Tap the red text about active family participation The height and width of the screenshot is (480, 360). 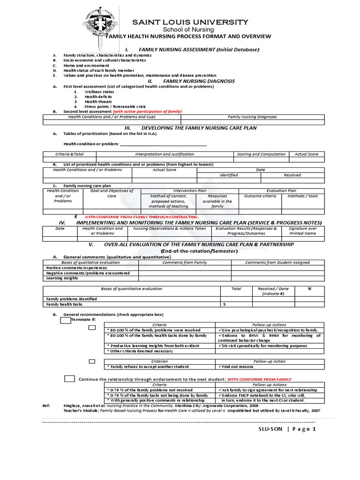click(x=147, y=112)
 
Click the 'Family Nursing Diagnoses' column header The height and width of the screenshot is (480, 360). click(x=252, y=117)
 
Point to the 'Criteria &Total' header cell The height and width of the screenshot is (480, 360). click(x=69, y=154)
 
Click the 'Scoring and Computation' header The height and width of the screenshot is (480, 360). click(x=261, y=154)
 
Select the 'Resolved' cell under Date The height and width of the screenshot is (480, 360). click(x=292, y=175)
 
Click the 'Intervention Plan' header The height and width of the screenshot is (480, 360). click(x=189, y=191)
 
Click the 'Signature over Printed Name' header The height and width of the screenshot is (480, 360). click(x=302, y=231)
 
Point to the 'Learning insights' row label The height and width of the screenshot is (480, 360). click(x=62, y=278)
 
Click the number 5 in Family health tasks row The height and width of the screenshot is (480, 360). click(x=224, y=304)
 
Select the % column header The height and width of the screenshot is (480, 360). click(x=309, y=289)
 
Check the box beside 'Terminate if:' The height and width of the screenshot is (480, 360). click(x=65, y=320)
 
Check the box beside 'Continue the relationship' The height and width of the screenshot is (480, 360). click(x=69, y=378)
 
